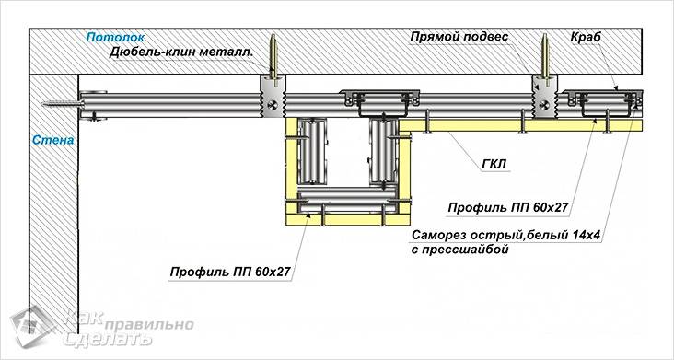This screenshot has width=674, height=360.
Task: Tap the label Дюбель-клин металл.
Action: pyautogui.click(x=181, y=52)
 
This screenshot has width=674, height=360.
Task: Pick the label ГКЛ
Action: pyautogui.click(x=494, y=165)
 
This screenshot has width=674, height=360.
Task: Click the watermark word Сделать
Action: pyautogui.click(x=102, y=340)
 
